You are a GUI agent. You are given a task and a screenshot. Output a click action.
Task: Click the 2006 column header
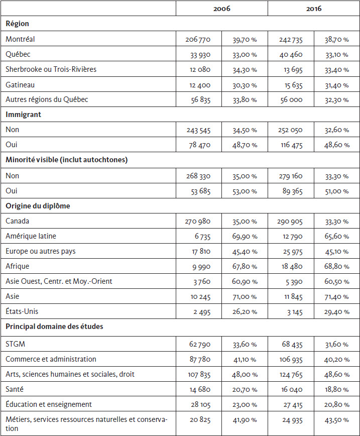(222, 9)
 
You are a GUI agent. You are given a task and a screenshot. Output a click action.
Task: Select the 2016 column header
(314, 9)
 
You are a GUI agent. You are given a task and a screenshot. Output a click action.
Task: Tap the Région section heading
(17, 24)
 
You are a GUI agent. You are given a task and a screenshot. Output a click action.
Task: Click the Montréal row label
(20, 39)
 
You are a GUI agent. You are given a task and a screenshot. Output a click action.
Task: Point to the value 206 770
(198, 40)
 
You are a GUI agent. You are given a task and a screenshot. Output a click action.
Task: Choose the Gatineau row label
(20, 84)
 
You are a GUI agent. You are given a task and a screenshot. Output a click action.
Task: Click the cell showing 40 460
(291, 54)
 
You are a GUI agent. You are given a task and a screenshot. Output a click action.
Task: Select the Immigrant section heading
(24, 115)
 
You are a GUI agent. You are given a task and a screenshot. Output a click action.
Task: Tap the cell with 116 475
(292, 145)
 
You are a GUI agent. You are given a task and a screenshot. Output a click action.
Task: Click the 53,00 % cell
(245, 191)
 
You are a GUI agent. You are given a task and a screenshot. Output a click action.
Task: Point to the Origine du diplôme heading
(38, 206)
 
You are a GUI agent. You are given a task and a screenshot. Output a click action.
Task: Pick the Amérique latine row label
(31, 236)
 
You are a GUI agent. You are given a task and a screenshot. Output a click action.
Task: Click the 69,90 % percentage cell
(245, 237)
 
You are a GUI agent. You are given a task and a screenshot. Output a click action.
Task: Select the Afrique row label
(17, 266)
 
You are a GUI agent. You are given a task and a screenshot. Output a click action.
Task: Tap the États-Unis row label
(22, 311)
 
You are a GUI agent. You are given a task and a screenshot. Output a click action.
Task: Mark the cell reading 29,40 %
(336, 312)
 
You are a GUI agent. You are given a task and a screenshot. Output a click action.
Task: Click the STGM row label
(15, 344)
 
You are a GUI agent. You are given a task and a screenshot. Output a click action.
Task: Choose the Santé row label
(15, 389)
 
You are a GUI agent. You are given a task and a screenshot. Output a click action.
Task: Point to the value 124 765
(291, 375)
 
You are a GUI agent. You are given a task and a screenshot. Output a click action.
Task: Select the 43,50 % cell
(336, 420)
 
